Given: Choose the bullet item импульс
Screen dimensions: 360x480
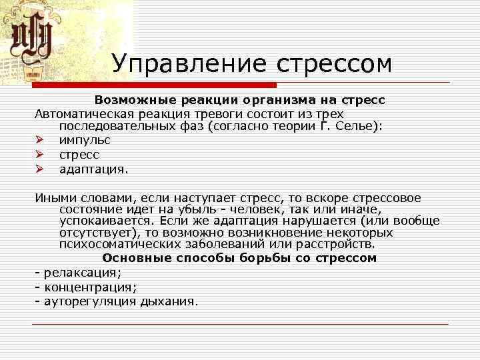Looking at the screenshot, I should (x=85, y=140).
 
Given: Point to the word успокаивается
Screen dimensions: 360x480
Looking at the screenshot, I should (x=99, y=221).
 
